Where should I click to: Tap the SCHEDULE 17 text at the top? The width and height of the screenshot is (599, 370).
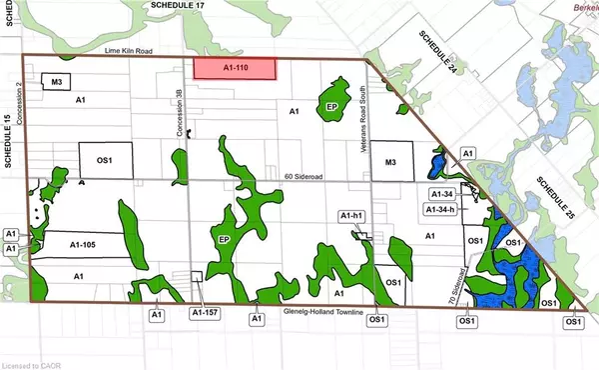(173, 6)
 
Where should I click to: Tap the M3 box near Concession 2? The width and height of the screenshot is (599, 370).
(52, 80)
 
